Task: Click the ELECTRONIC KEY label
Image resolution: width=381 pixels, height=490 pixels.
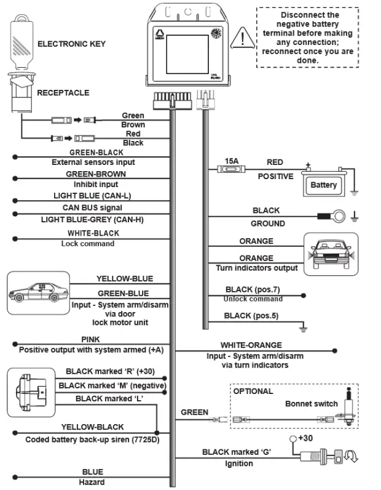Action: coord(71,44)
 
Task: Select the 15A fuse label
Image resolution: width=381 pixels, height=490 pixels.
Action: coord(232,161)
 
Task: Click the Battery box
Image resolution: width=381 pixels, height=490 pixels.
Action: coord(323,185)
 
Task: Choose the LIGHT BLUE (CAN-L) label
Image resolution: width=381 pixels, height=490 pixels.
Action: coord(92,196)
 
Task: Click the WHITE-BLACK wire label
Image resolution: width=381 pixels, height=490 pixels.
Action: coord(93,233)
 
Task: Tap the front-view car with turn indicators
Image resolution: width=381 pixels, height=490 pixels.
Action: coord(331,252)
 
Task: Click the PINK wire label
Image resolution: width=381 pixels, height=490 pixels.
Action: coord(90,339)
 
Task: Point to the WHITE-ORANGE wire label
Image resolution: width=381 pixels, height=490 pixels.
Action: coord(251,345)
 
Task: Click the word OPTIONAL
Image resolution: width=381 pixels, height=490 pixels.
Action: coord(253,391)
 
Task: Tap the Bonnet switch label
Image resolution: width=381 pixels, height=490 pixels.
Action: coord(311,404)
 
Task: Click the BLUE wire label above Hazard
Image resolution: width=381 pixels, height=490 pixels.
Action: coord(92,472)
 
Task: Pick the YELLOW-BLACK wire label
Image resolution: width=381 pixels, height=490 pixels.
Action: coord(92,427)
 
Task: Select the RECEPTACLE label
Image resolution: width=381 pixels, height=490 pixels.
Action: coord(63,93)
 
